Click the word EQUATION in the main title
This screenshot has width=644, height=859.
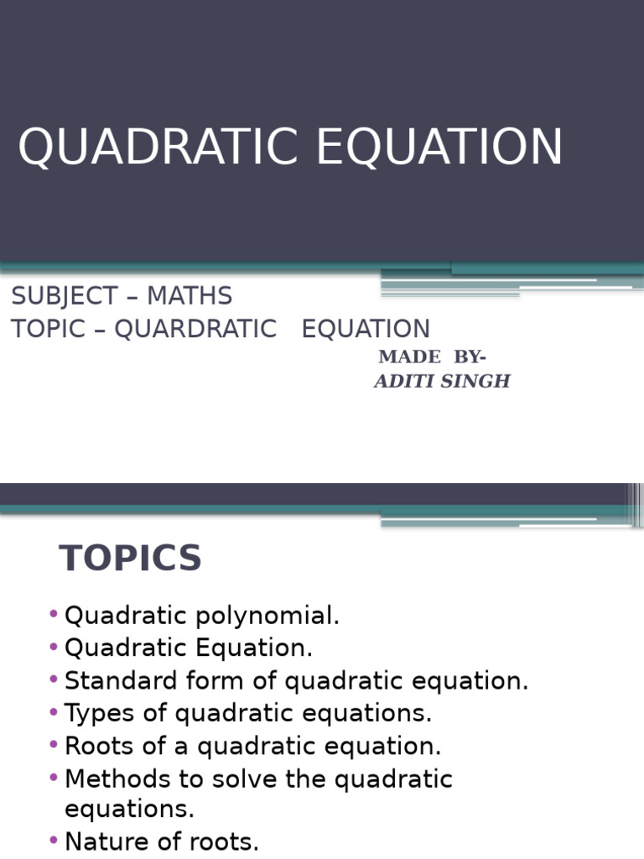[x=439, y=147]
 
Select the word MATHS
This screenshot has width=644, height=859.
[x=190, y=296]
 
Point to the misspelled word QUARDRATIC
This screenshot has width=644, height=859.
[x=195, y=329]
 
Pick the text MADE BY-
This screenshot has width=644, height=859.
[x=432, y=357]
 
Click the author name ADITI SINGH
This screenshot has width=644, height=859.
[x=442, y=382]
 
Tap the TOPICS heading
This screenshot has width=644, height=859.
[x=131, y=559]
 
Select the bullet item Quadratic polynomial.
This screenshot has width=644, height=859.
[x=202, y=616]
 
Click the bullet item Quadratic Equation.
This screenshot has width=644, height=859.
[x=189, y=648]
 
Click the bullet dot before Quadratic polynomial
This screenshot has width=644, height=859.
[x=55, y=615]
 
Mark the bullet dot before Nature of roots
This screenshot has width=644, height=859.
[x=55, y=841]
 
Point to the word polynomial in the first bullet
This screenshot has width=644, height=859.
[x=267, y=617]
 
